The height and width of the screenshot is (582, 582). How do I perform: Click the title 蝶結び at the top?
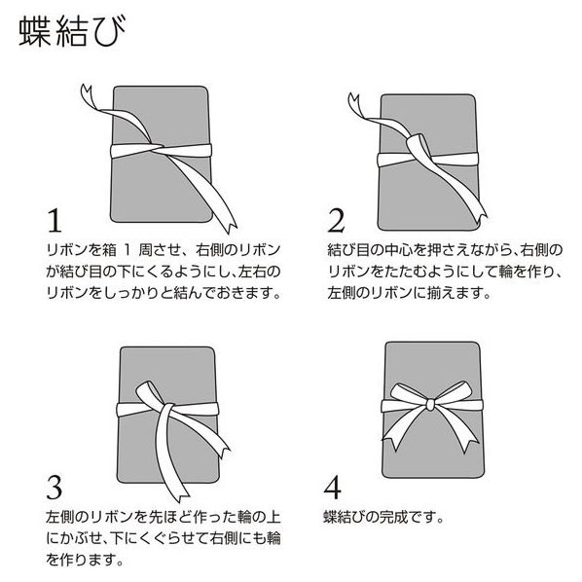click(x=72, y=31)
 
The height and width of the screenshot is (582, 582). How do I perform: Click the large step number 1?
click(x=55, y=221)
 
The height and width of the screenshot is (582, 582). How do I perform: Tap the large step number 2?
click(x=337, y=221)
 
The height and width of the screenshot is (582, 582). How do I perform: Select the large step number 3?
click(x=55, y=487)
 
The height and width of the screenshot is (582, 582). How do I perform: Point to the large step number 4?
click(x=332, y=487)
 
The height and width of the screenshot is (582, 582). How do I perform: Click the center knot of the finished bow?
click(x=431, y=404)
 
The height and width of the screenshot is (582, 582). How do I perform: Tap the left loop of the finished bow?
click(x=407, y=395)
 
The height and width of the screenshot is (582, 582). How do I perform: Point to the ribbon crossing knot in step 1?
click(x=156, y=147)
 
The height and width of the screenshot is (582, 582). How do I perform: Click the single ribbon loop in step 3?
click(x=149, y=394)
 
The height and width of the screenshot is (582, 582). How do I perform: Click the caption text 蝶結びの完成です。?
click(x=383, y=517)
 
